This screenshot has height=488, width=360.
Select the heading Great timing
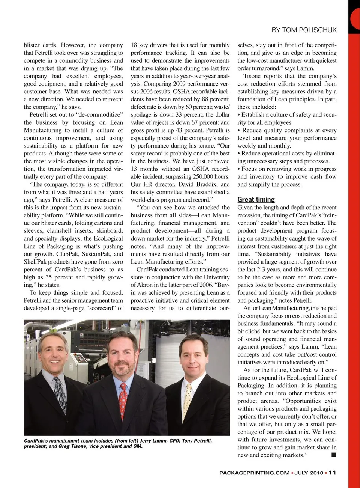(x=256, y=200)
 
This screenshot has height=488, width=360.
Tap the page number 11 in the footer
(x=332, y=473)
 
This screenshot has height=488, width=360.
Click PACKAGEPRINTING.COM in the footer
(x=254, y=473)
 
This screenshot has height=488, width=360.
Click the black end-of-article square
(x=334, y=455)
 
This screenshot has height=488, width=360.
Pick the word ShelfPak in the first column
(x=36, y=262)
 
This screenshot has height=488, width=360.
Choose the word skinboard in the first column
(x=109, y=231)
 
